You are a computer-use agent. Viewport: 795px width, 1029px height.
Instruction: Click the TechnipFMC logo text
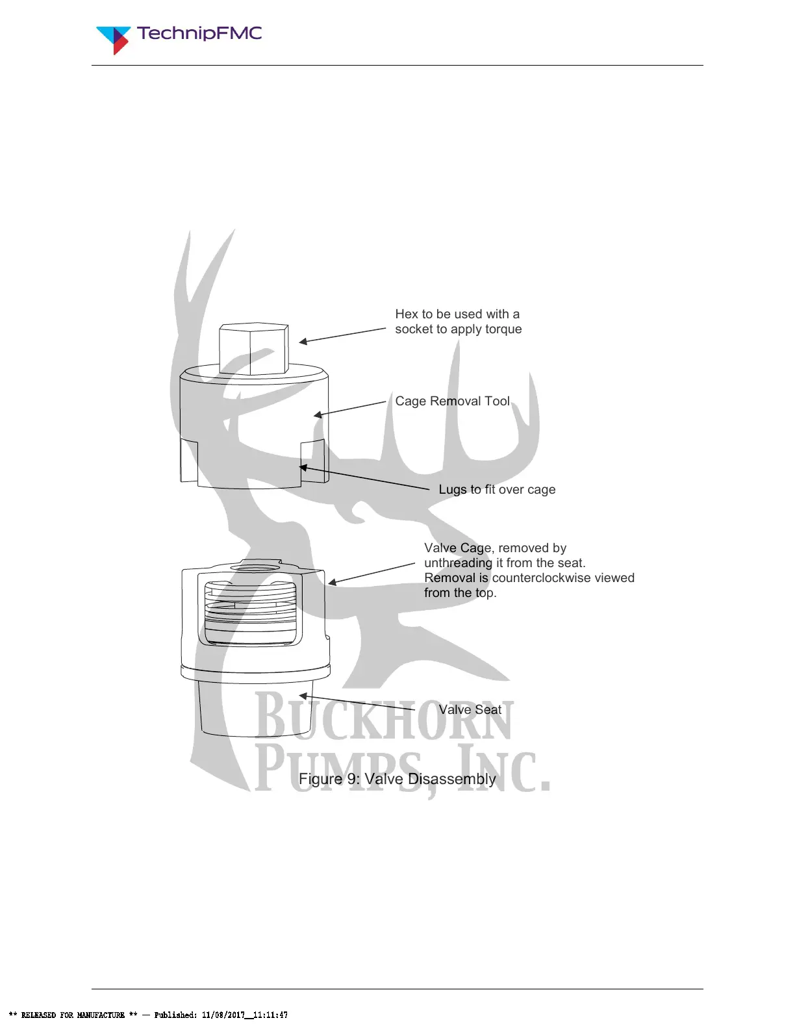199,34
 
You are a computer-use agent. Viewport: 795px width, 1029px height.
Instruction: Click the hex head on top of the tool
253,349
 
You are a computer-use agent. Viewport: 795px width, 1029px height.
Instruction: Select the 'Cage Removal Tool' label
452,401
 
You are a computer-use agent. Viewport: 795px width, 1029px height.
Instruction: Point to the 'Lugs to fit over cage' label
497,490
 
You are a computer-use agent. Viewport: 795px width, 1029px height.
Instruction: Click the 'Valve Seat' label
470,710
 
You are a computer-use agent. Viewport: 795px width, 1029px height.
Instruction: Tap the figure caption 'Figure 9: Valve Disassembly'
397,779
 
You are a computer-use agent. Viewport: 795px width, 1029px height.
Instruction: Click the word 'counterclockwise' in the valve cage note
538,578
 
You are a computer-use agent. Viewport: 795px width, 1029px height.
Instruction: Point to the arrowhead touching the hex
303,341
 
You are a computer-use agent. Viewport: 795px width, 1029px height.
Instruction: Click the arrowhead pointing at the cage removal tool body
318,414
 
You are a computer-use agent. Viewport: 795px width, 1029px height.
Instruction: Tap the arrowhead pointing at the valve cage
331,583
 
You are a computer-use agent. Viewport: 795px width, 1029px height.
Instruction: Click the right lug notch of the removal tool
312,461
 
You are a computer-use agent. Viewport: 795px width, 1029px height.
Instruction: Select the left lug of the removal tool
188,461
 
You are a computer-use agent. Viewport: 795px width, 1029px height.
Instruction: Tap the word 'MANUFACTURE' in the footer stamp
101,1015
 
